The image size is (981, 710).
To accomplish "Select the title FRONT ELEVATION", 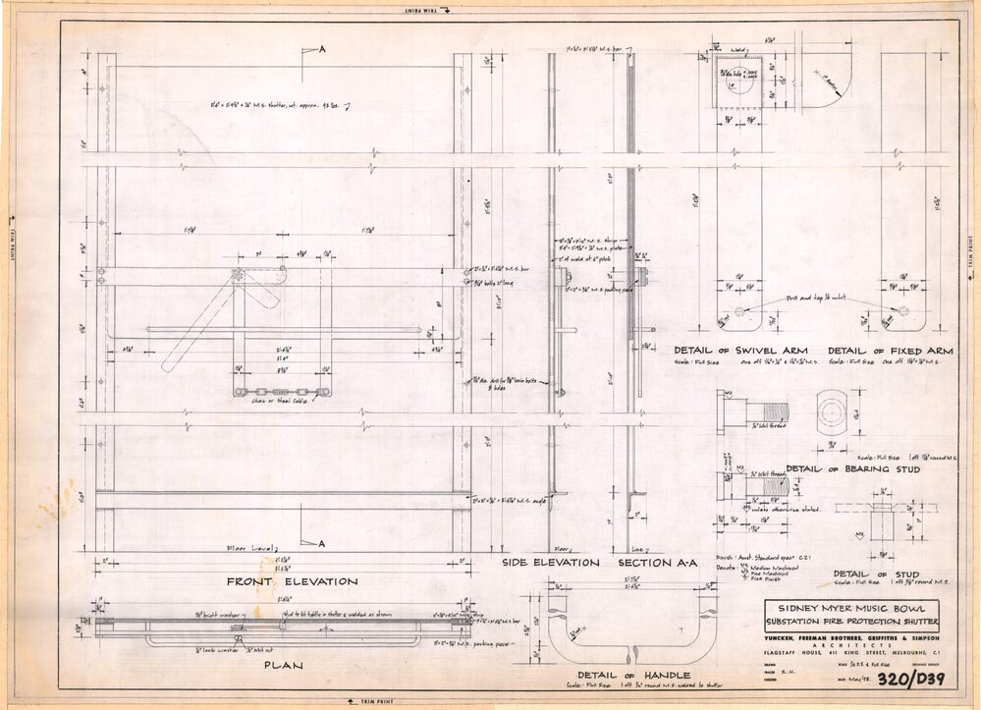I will pyautogui.click(x=278, y=581).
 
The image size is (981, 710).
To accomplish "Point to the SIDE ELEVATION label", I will pyautogui.click(x=550, y=563).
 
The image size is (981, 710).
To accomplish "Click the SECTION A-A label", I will pyautogui.click(x=656, y=563).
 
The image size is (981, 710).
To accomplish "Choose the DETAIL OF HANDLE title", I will pyautogui.click(x=632, y=676).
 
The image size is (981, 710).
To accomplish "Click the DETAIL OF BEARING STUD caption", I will pyautogui.click(x=851, y=469).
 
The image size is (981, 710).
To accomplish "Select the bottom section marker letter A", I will pyautogui.click(x=321, y=543).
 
